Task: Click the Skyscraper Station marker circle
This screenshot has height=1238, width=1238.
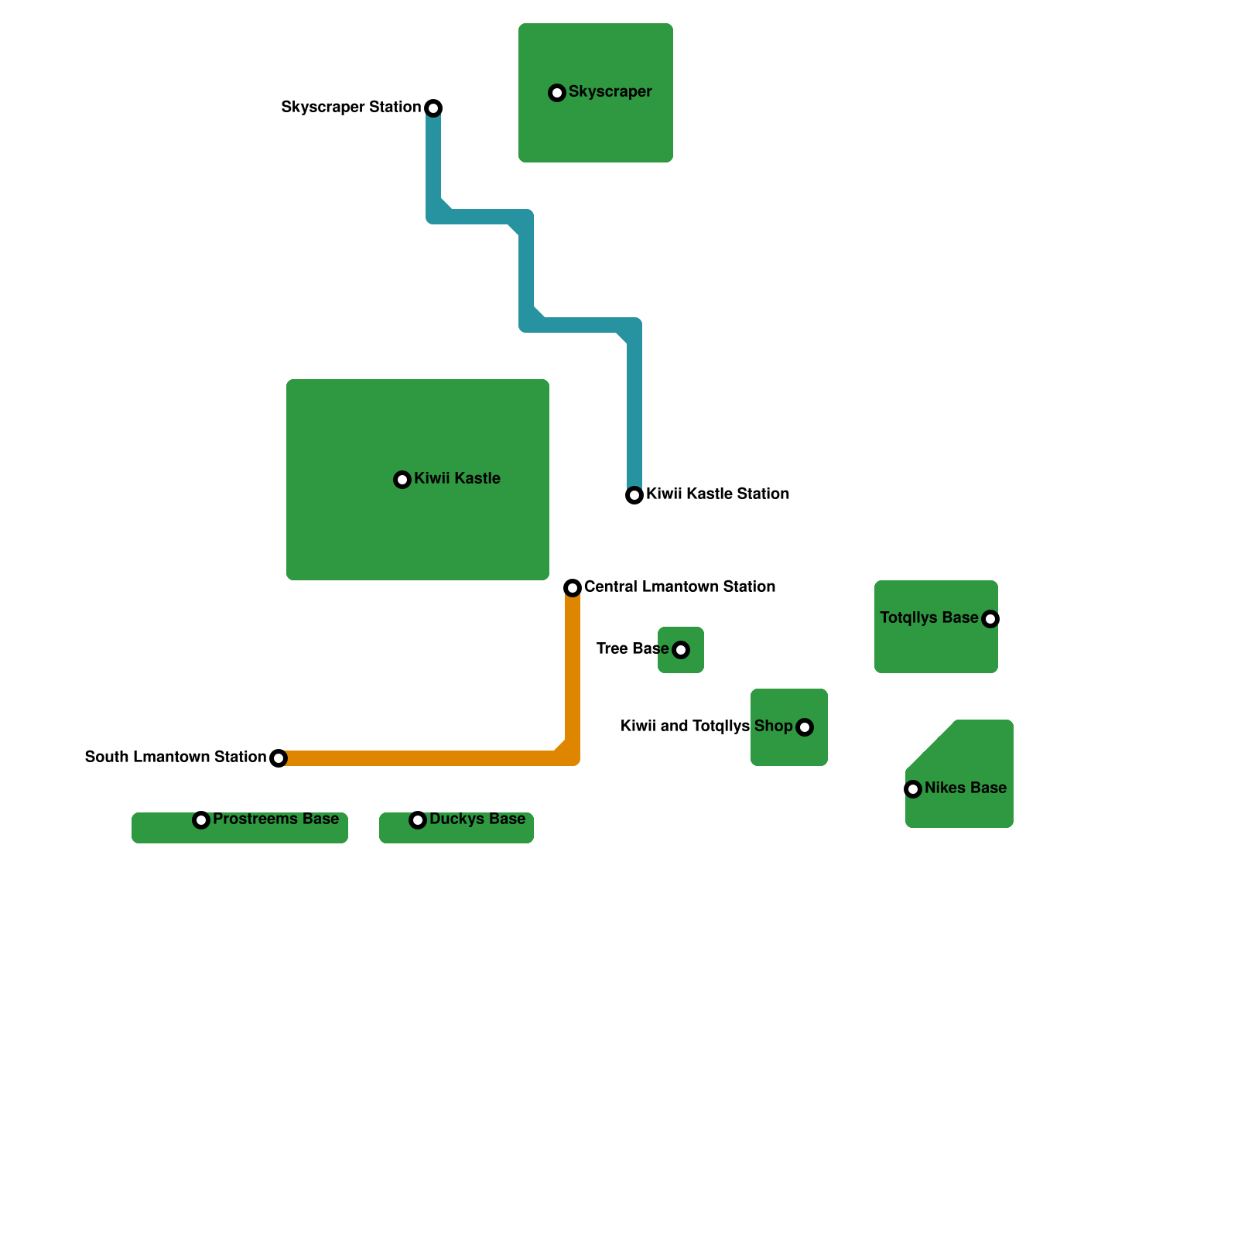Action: point(433,108)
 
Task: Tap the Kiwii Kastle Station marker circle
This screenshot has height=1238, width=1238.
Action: point(634,495)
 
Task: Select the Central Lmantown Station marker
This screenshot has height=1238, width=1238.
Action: point(573,588)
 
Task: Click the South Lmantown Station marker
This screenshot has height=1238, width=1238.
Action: point(279,758)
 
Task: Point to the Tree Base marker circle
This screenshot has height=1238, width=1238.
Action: point(681,650)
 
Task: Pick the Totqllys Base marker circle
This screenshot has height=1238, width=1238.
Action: point(990,619)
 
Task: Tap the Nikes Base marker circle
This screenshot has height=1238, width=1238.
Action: point(913,789)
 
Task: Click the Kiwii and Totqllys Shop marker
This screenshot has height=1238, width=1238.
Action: point(805,727)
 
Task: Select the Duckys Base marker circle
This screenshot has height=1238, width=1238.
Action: point(418,820)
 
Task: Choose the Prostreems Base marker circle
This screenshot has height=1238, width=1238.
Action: point(201,820)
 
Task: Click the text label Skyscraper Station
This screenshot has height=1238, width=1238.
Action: point(351,107)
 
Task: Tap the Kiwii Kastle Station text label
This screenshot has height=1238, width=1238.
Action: point(717,494)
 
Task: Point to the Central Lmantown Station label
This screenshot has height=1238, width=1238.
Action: point(679,587)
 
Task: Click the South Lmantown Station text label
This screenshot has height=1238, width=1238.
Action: point(175,757)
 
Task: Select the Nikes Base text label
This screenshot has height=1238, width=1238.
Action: point(965,788)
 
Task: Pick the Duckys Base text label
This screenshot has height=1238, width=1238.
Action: point(477,819)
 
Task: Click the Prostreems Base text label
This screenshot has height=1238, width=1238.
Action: point(275,819)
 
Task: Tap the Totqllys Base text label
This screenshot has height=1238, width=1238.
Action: point(929,617)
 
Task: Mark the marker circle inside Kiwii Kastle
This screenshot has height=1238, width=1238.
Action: point(402,480)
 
